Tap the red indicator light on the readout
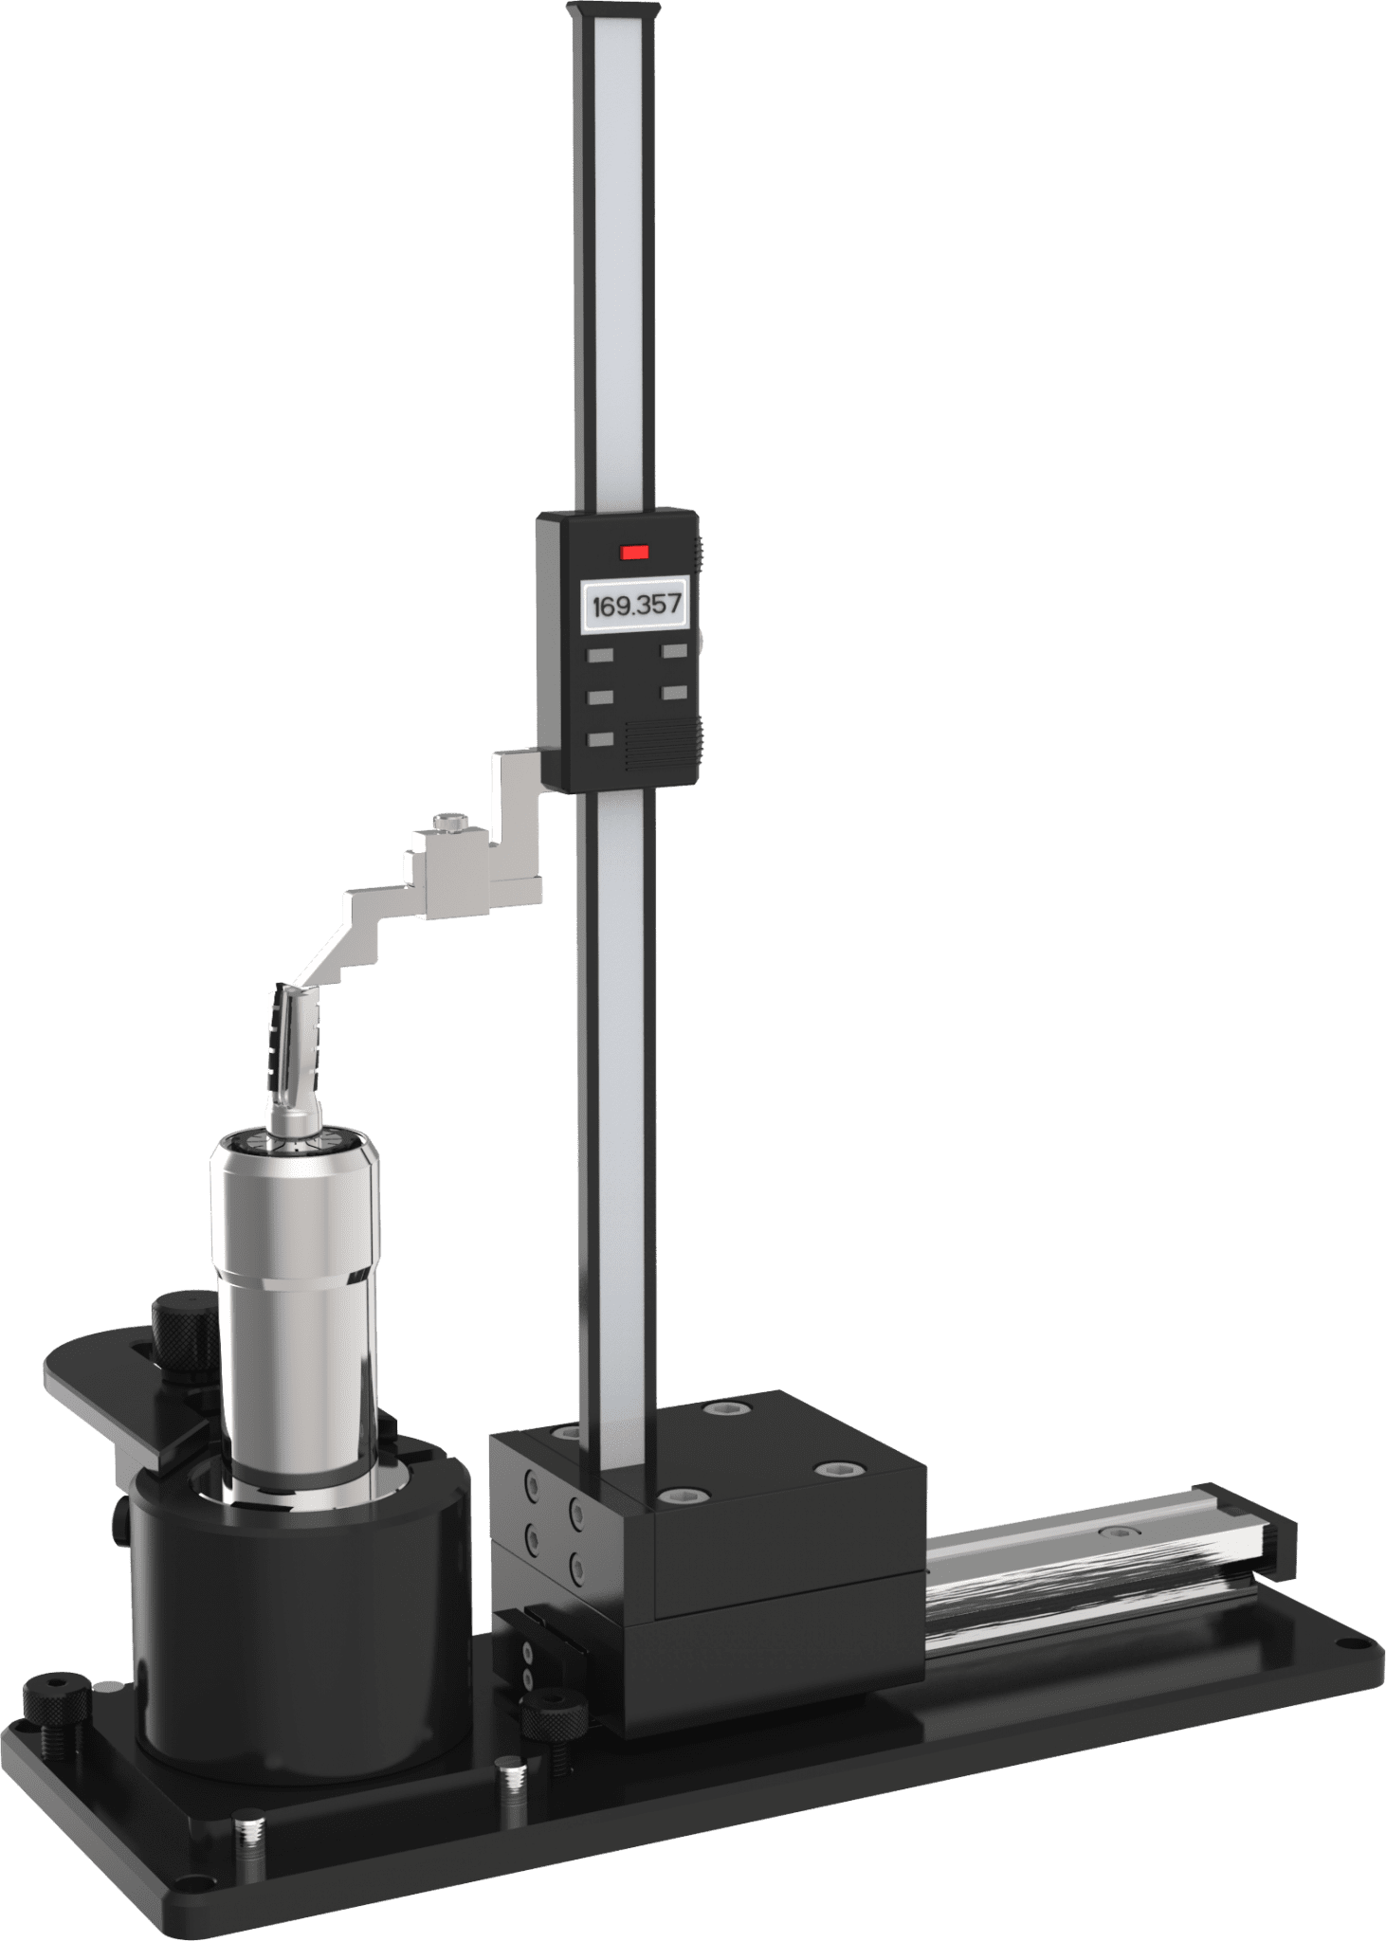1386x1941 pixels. (x=631, y=550)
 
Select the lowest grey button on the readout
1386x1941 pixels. (x=601, y=740)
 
